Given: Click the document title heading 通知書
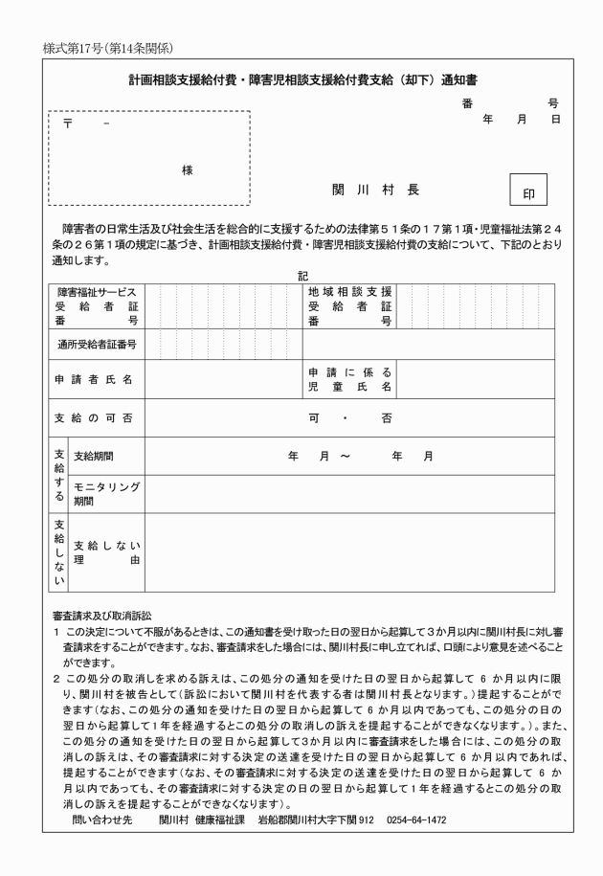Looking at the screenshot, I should (301, 82).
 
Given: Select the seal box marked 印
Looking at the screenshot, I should (528, 191).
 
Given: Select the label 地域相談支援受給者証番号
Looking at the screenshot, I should (349, 306).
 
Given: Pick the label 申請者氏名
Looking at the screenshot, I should (93, 379).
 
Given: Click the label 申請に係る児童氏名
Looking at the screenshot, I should (349, 379).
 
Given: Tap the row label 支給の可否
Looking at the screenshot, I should (93, 418).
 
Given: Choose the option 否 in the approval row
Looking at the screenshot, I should (386, 418).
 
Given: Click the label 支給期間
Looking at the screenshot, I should (94, 456).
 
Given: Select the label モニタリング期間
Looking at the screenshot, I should (105, 493).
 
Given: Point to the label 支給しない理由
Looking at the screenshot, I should (105, 552).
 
